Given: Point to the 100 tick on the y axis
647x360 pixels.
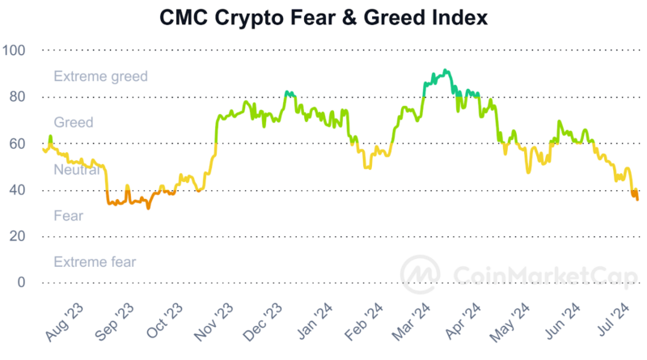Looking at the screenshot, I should click(15, 50).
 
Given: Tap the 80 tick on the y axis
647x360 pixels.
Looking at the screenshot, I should click(18, 97).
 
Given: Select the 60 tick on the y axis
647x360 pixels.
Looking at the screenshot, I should click(18, 144).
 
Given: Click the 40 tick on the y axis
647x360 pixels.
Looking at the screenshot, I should click(18, 190).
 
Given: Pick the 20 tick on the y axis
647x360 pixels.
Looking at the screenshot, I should click(18, 236).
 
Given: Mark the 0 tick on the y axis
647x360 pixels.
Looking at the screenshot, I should click(22, 282).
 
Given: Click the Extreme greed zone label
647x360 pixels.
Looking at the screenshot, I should click(100, 77).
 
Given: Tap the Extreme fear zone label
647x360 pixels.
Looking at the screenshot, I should click(95, 262).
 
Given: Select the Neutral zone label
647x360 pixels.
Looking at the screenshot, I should click(77, 170).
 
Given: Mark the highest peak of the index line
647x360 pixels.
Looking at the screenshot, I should click(446, 70).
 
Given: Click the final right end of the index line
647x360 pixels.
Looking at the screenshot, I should click(637, 199).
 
